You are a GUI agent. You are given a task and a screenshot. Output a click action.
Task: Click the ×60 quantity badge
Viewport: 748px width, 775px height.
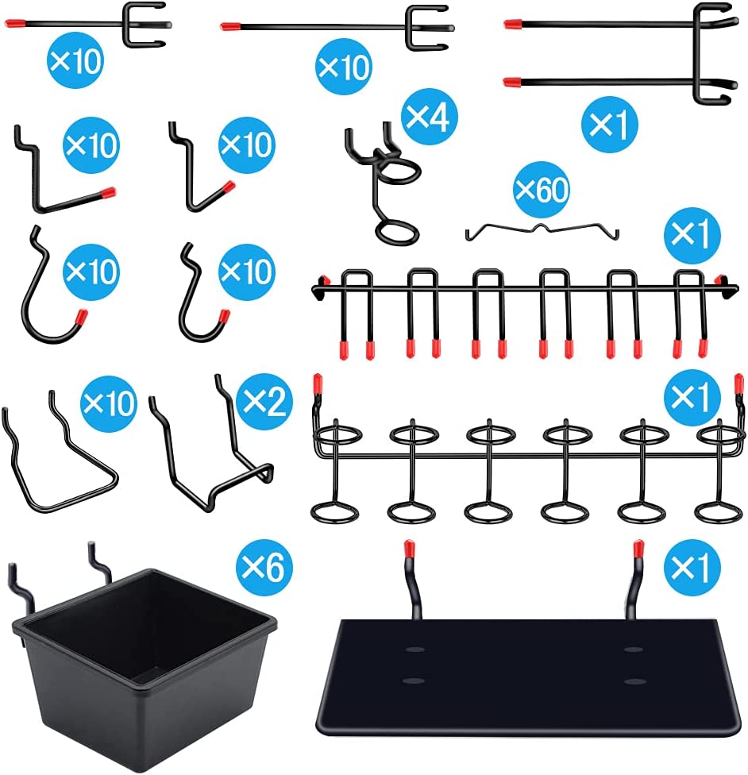542,189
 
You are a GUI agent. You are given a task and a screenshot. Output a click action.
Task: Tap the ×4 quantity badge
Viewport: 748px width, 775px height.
429,117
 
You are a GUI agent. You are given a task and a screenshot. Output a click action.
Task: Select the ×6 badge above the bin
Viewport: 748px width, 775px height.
264,567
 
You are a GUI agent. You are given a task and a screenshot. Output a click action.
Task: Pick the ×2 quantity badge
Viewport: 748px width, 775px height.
264,401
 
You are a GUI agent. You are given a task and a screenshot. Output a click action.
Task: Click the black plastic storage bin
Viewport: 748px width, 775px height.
144,667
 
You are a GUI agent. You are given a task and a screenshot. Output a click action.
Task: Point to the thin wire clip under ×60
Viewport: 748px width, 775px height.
542,231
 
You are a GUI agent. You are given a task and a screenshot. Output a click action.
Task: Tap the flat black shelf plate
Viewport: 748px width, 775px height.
528,677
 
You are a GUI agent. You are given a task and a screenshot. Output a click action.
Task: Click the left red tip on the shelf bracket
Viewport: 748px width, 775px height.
409,548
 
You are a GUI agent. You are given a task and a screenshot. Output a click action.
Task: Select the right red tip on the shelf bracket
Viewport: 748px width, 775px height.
638,548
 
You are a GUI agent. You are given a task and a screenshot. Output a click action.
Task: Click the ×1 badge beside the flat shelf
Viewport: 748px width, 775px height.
692,567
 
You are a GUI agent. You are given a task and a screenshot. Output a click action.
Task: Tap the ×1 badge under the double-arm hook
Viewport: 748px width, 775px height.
610,124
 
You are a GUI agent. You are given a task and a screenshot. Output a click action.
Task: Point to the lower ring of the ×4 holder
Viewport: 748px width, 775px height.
397,233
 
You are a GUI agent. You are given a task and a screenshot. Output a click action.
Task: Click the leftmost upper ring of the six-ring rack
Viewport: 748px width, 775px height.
337,436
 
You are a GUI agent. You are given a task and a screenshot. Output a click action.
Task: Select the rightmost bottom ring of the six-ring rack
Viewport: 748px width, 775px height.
719,512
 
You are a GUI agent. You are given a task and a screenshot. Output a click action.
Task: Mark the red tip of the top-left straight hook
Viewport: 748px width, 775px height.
15,23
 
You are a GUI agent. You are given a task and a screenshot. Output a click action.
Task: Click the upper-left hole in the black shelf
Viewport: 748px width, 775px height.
414,649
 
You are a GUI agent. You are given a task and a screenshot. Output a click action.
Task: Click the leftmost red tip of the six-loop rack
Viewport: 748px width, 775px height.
344,349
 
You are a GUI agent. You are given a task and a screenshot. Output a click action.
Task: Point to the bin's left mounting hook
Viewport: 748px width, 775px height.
21,586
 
